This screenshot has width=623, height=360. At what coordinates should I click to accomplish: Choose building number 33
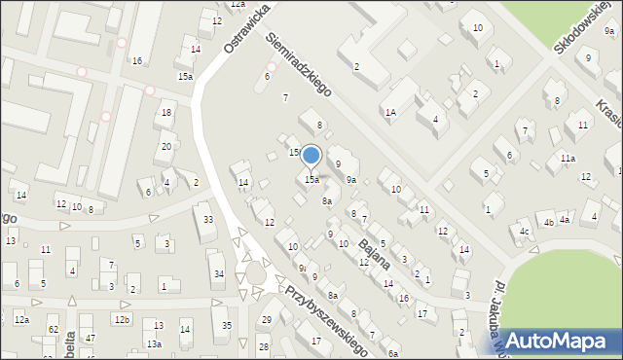click(x=208, y=220)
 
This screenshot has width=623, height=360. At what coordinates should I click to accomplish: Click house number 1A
click(x=390, y=113)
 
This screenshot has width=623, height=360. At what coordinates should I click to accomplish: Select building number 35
click(x=227, y=325)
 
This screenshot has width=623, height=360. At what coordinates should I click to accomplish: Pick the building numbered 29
click(x=266, y=320)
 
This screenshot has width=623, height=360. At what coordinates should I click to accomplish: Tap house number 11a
click(x=567, y=158)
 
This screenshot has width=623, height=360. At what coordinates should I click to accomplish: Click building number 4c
click(x=525, y=231)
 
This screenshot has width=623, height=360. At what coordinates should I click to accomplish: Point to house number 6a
click(x=392, y=354)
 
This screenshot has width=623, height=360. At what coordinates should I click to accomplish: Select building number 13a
click(x=154, y=344)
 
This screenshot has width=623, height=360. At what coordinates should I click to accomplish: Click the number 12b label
click(x=122, y=320)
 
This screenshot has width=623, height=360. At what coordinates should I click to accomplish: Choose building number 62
click(x=54, y=331)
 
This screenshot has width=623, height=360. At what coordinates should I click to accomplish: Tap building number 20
click(x=166, y=147)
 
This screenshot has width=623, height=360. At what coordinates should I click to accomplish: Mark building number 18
click(x=167, y=113)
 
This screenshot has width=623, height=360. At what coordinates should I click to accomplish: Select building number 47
click(x=91, y=338)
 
